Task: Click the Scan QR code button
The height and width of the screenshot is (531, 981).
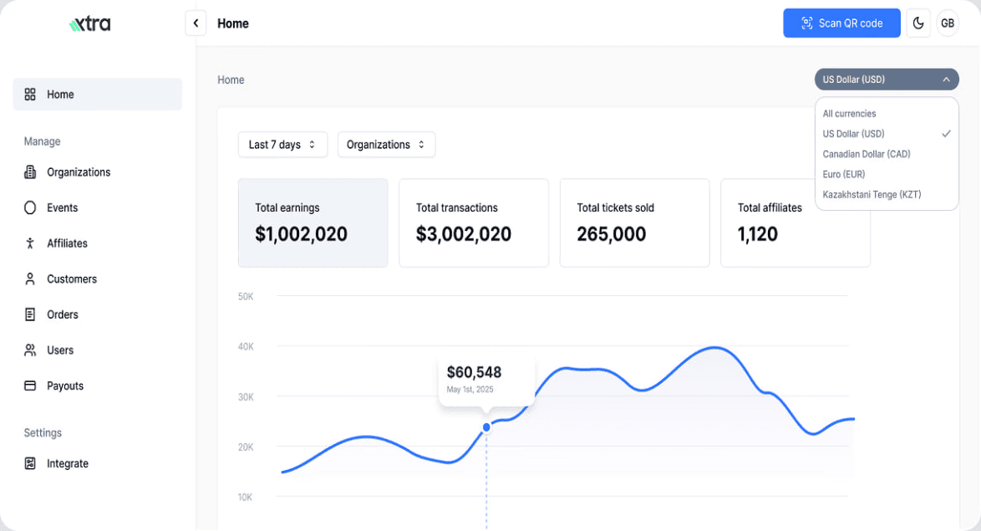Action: click(841, 23)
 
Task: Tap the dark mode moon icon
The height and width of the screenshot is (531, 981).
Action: click(918, 23)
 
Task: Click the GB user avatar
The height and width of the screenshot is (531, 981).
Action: click(948, 23)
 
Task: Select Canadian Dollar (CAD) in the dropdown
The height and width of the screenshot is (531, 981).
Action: click(867, 154)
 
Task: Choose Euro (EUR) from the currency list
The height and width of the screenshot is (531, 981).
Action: click(844, 174)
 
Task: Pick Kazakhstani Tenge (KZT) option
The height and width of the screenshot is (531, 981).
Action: click(872, 194)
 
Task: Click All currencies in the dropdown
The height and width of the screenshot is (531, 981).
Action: click(849, 114)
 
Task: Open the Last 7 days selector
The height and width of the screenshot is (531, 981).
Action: click(282, 145)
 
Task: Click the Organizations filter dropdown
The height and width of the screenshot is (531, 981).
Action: click(386, 145)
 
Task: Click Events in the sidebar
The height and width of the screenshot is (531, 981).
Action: click(62, 207)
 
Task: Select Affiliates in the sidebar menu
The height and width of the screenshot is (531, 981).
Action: click(67, 243)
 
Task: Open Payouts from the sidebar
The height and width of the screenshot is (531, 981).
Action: click(65, 385)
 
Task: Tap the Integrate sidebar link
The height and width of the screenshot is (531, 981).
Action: click(67, 463)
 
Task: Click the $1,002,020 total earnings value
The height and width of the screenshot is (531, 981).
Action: click(301, 234)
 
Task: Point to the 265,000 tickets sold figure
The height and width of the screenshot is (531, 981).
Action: click(611, 234)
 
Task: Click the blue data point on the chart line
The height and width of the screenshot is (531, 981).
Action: click(486, 427)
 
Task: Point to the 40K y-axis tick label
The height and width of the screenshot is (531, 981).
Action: click(246, 346)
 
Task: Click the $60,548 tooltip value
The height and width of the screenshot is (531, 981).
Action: click(474, 372)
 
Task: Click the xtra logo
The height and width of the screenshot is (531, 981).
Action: click(90, 23)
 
